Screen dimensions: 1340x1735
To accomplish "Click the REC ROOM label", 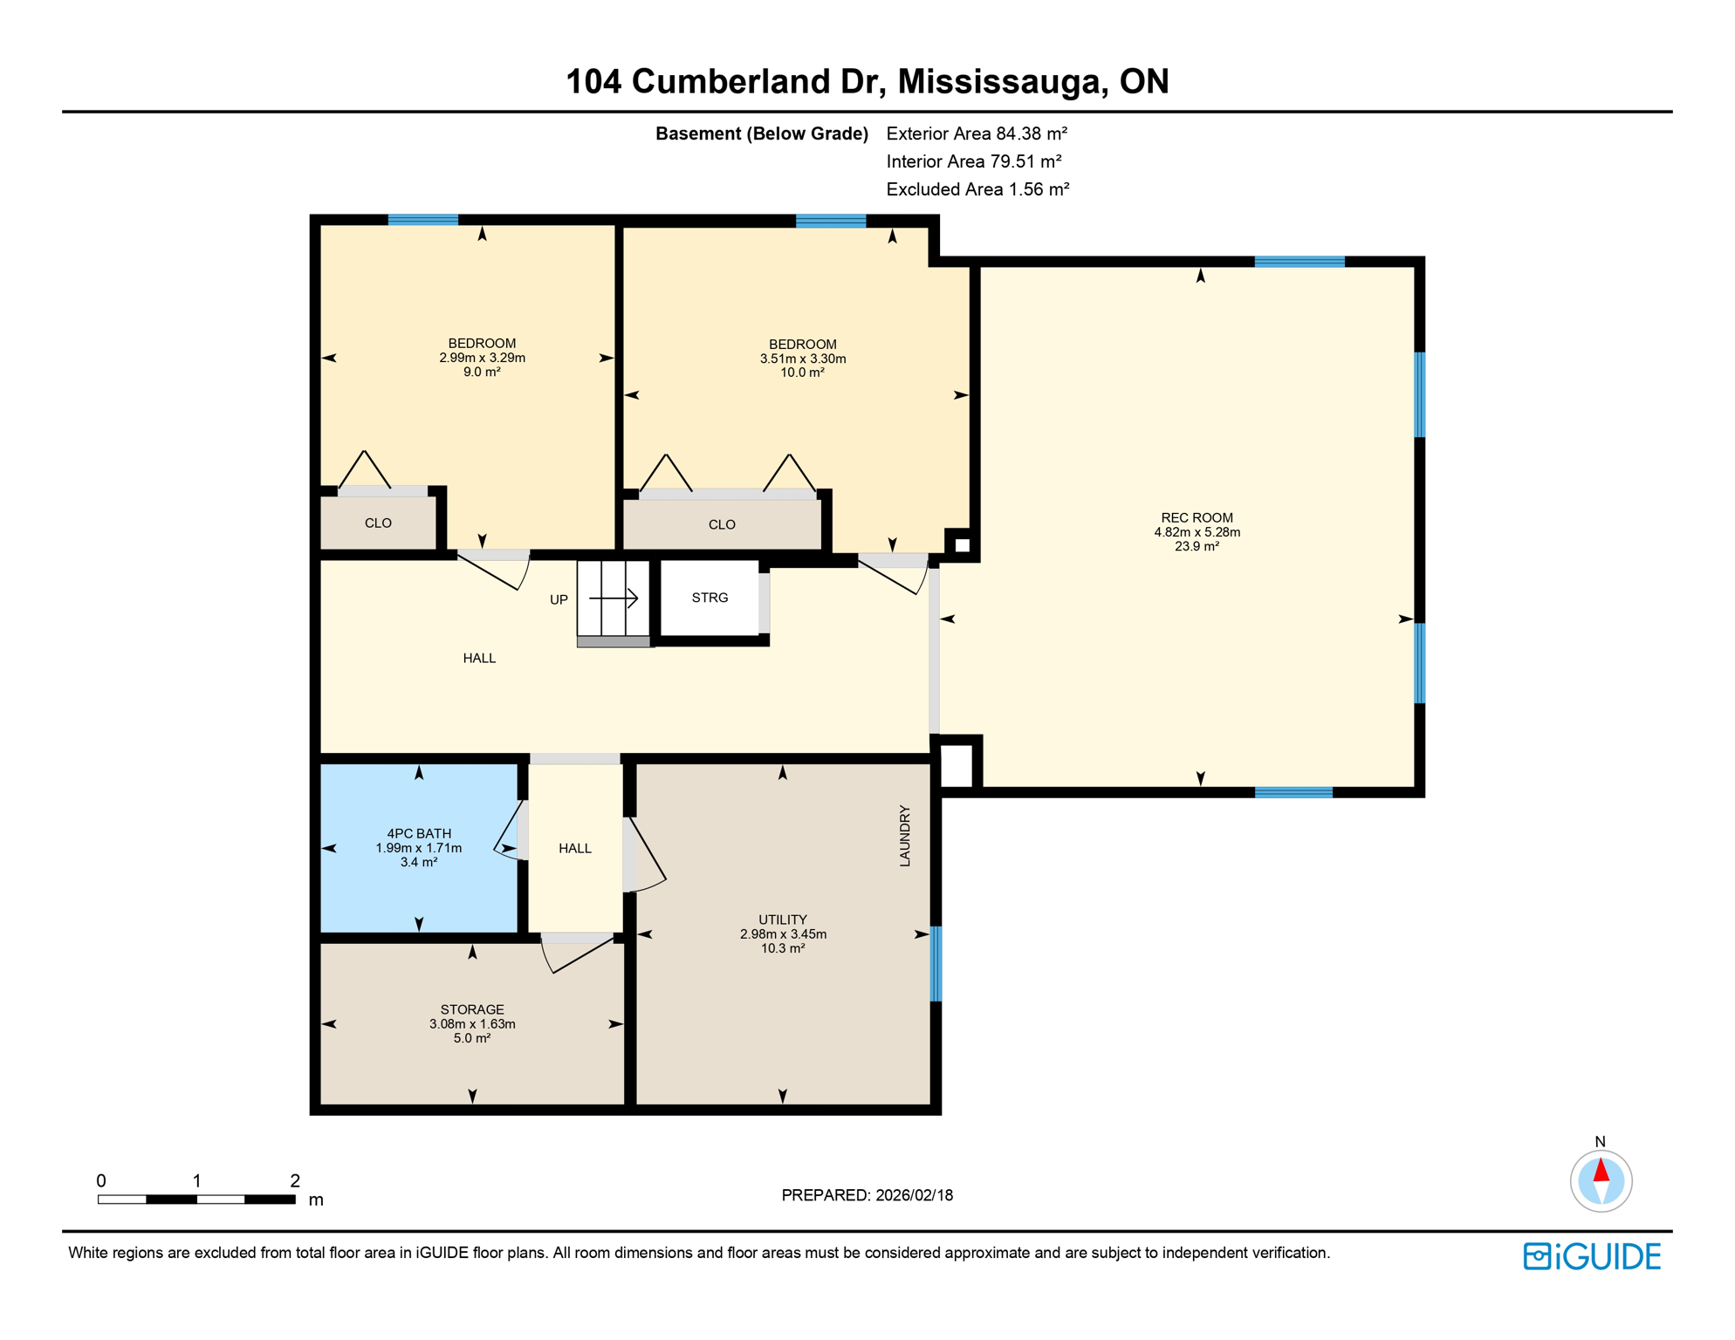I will tap(1197, 517).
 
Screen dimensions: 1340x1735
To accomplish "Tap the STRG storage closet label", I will tap(710, 598).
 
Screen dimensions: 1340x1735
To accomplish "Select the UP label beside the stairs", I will tap(559, 599).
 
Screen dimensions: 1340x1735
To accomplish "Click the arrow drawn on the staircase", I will tap(614, 598).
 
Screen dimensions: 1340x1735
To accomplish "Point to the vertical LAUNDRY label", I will tap(905, 836).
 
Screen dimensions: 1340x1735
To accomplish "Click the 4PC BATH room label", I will tap(419, 833).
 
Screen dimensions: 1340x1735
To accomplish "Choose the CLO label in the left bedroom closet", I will tap(378, 523).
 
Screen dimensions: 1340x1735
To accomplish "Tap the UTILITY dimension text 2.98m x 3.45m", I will tap(783, 933).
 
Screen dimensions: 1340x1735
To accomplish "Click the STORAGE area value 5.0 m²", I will tap(472, 1038).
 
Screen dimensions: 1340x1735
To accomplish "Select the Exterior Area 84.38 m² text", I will tap(977, 133).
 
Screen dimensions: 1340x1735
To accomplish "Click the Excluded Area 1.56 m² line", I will tap(977, 189).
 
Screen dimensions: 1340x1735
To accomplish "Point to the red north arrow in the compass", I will tap(1601, 1170).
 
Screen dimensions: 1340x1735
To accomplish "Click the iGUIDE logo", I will tap(1592, 1256).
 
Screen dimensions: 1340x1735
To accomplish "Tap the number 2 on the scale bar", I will tap(295, 1180).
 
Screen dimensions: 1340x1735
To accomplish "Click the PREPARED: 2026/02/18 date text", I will tap(867, 1195).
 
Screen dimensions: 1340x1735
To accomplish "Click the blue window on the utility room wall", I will tap(936, 963).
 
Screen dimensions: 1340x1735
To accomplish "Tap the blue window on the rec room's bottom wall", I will tap(1293, 792).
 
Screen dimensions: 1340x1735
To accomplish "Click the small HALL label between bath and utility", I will tap(575, 848).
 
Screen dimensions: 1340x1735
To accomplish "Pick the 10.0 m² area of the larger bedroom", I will tap(802, 373).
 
